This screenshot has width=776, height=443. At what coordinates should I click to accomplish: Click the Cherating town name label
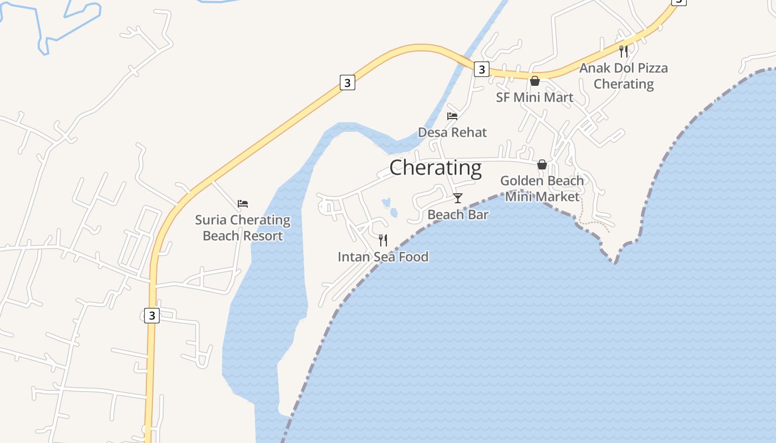(435, 167)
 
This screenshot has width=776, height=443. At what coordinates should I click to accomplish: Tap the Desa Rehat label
(452, 132)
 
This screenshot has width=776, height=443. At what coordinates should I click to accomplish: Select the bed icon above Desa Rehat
(452, 116)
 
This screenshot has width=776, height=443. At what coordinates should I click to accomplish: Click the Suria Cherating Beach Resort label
(243, 228)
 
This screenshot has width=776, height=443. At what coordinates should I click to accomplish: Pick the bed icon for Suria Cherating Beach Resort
(243, 204)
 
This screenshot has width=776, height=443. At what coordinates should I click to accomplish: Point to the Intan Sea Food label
(383, 256)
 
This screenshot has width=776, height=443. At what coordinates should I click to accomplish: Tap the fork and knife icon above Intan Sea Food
(382, 240)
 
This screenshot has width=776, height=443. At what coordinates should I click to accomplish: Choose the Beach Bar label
(458, 214)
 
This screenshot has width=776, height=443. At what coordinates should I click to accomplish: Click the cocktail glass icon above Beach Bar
(458, 198)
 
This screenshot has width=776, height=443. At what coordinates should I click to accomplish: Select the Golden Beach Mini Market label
(542, 188)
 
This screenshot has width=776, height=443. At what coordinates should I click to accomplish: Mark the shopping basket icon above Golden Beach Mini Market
(542, 164)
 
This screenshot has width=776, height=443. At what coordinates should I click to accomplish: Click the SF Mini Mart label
(534, 97)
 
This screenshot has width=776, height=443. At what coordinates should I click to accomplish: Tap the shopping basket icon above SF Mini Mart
(535, 81)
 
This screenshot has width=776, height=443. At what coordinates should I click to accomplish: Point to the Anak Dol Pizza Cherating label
(624, 76)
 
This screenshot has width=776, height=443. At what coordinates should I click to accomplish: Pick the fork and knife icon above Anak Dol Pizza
(624, 51)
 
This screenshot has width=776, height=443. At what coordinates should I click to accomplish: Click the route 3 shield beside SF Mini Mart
(482, 69)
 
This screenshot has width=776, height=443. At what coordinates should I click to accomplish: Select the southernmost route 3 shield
(151, 316)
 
